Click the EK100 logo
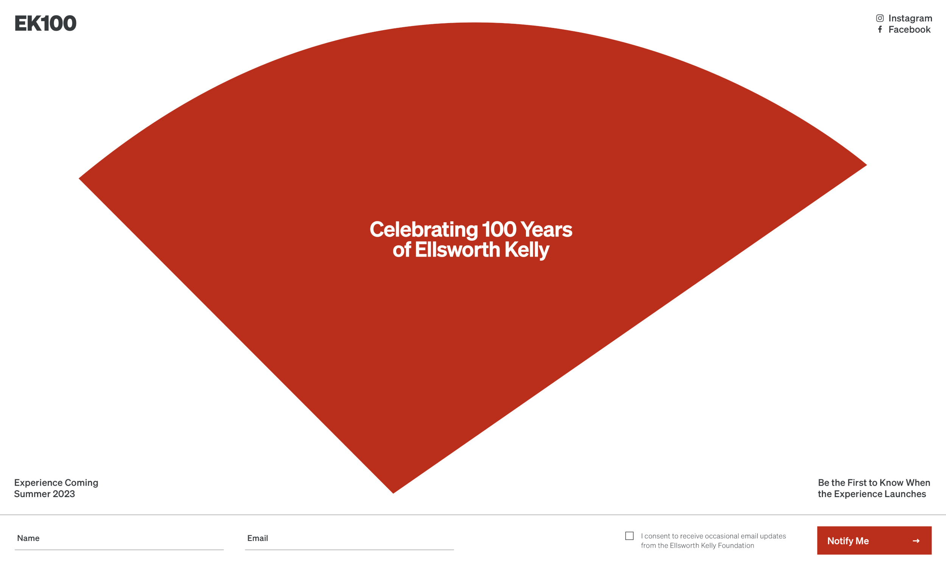[x=45, y=23]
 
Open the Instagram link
[x=910, y=19]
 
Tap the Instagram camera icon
[x=880, y=18]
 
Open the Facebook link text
[x=909, y=29]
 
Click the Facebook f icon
[x=880, y=29]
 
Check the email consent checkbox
[x=629, y=536]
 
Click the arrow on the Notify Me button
[x=916, y=541]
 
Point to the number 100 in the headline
[x=499, y=229]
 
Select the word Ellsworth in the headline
[x=457, y=249]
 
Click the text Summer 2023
[x=44, y=494]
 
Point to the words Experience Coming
[x=56, y=483]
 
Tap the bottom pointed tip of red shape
[x=393, y=493]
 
